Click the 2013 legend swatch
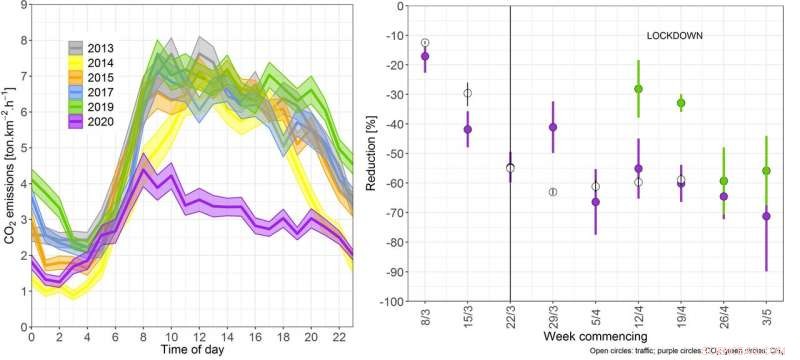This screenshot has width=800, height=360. click(x=75, y=48)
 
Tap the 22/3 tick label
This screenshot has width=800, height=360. click(x=510, y=317)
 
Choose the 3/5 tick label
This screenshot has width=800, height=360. click(x=767, y=317)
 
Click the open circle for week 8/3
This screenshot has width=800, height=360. click(x=425, y=43)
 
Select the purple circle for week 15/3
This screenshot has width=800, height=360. click(x=467, y=129)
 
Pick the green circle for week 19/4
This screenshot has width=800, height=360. click(x=681, y=103)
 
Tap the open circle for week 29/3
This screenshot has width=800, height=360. click(x=553, y=191)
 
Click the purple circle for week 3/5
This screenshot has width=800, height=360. click(x=767, y=216)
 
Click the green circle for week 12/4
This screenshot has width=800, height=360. click(x=638, y=89)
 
